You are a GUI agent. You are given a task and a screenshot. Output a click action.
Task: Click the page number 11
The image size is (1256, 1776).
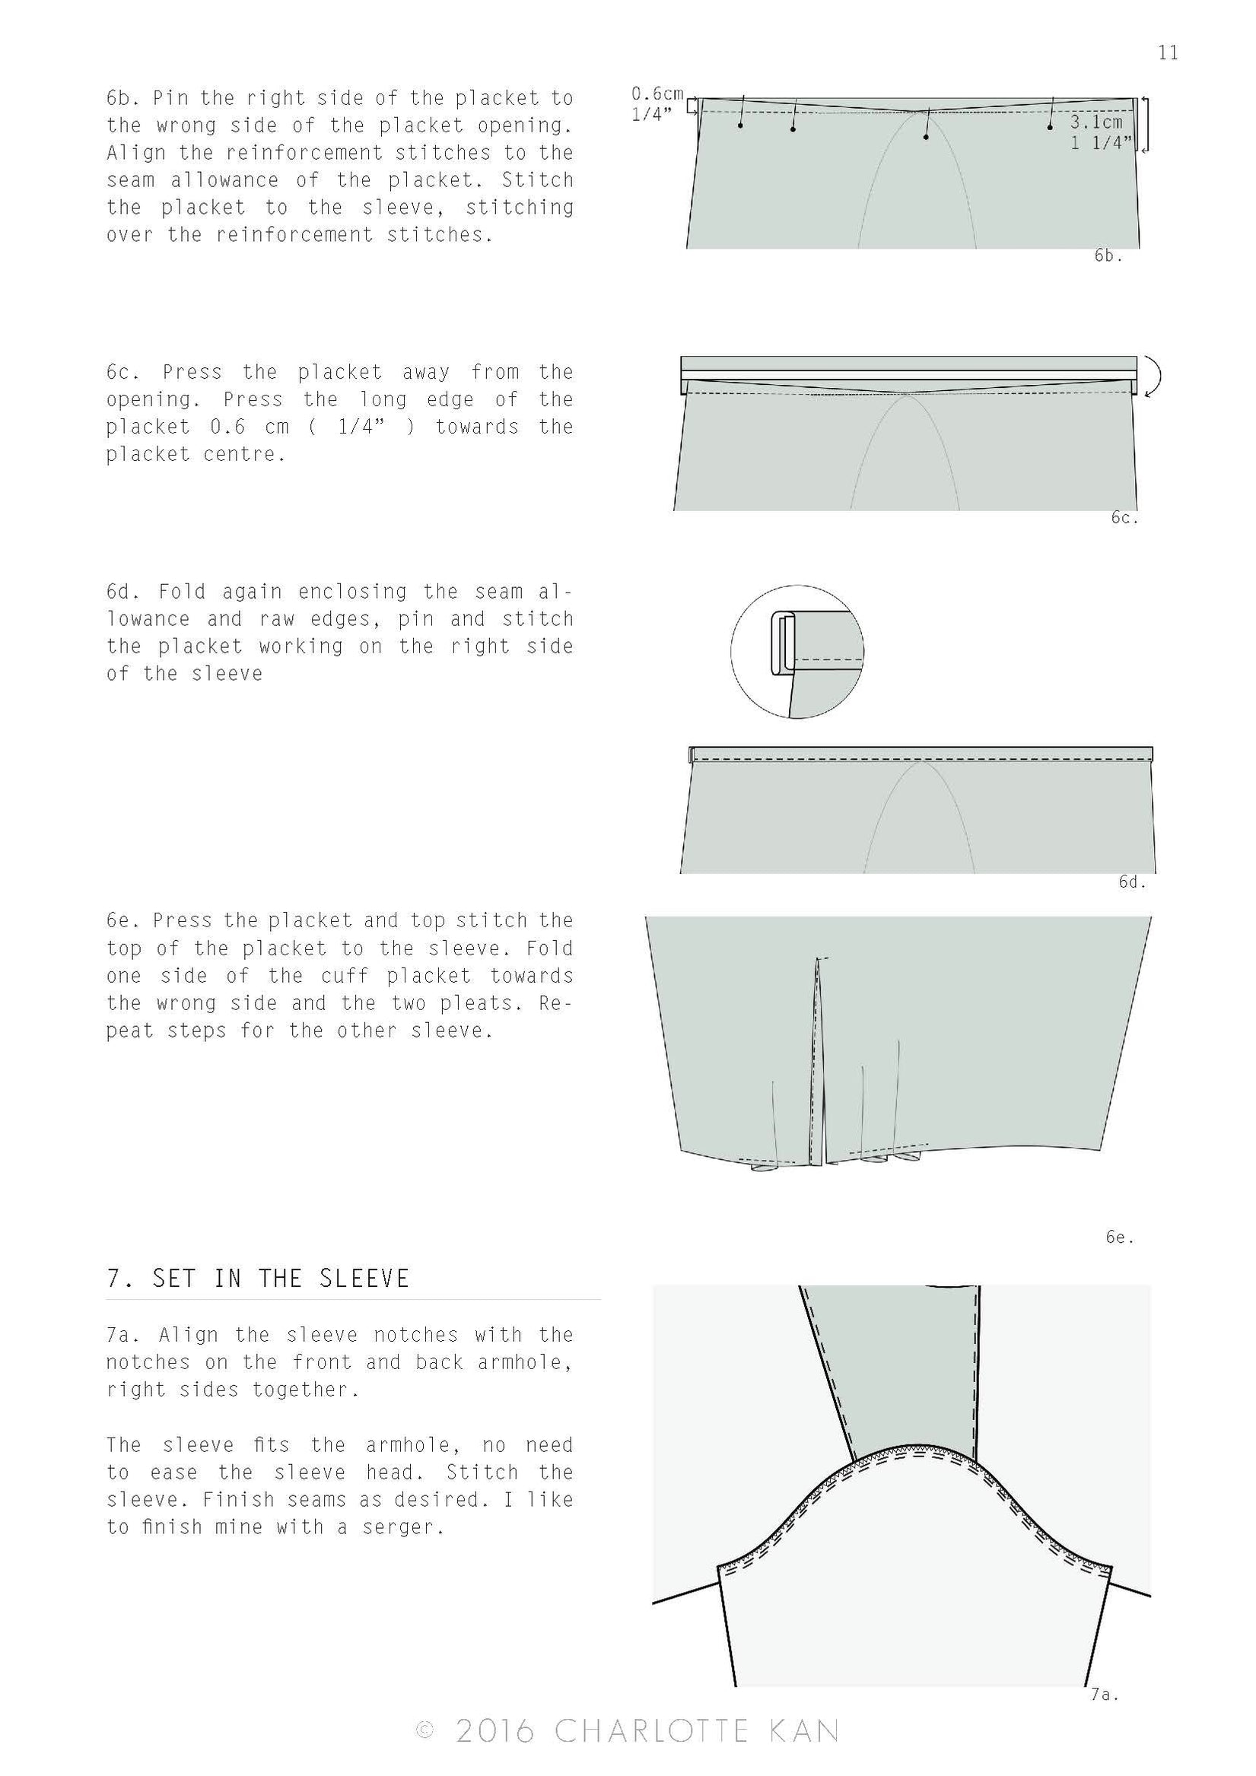[1167, 52]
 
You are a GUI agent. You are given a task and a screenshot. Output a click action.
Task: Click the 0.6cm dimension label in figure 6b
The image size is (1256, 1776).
[657, 94]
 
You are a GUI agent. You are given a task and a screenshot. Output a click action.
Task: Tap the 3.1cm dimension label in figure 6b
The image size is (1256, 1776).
[1095, 122]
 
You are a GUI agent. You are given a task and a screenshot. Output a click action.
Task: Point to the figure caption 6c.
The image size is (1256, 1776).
[1124, 517]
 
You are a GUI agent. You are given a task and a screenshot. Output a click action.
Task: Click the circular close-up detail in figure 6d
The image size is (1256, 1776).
[797, 651]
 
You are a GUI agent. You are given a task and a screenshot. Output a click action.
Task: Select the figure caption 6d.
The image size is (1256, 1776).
[1131, 881]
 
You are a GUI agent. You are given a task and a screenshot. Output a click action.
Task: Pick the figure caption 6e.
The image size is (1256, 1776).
[1119, 1237]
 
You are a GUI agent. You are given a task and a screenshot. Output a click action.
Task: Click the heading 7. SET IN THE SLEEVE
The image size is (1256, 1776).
[258, 1278]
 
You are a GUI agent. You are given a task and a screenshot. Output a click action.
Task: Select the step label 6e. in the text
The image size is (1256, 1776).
[124, 920]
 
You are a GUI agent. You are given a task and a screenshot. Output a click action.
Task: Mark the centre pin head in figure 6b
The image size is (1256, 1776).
[927, 137]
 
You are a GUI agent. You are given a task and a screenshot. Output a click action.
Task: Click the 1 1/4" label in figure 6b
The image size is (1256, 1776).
[1101, 142]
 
